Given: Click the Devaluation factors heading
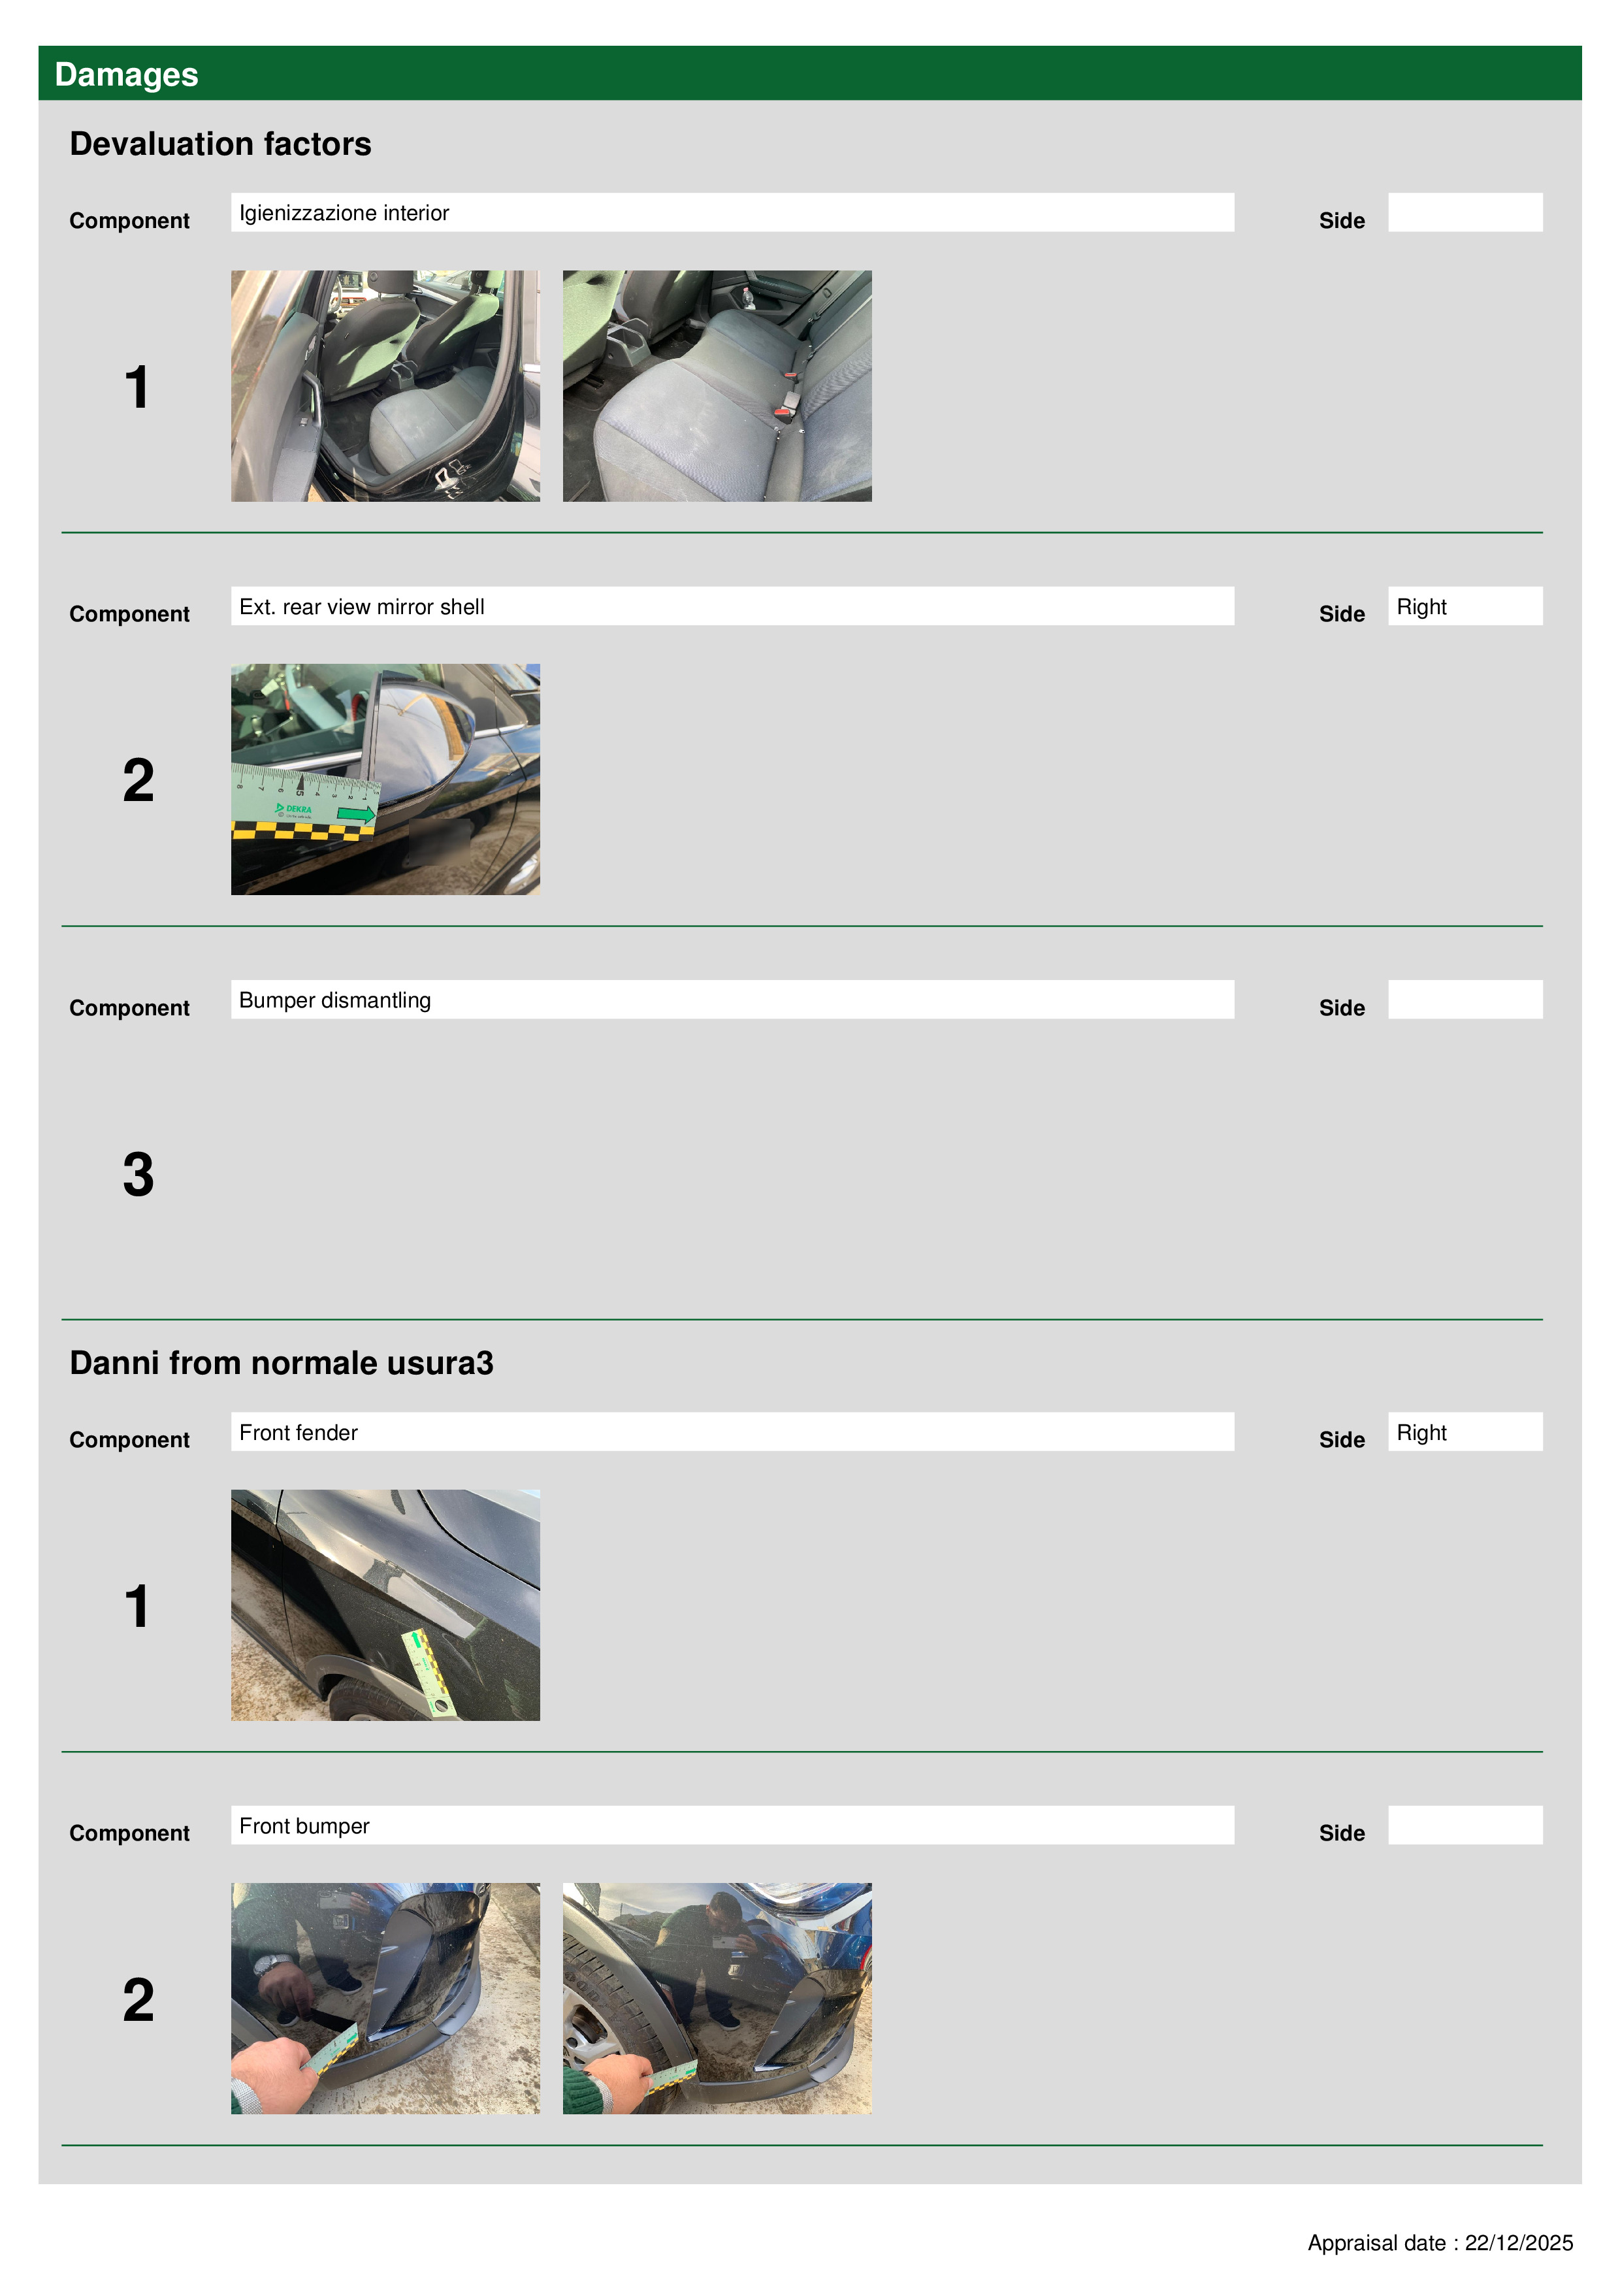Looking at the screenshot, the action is (x=221, y=144).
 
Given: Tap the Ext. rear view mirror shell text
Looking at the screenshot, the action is (x=361, y=607).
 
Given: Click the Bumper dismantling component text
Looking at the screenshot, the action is (x=334, y=1000).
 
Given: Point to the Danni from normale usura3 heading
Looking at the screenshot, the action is (x=282, y=1363).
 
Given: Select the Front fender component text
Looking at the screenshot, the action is (x=299, y=1432).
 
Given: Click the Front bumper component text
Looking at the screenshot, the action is (x=304, y=1825).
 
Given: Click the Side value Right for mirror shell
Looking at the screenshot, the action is (x=1421, y=607).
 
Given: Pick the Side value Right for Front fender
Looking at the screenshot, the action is (x=1421, y=1432).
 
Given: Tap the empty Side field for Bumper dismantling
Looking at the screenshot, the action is (x=1465, y=999).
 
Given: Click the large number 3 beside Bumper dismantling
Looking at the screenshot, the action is (x=138, y=1174).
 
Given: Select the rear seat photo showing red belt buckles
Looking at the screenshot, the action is (x=717, y=386).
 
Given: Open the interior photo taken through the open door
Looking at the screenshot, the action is (x=385, y=386).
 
